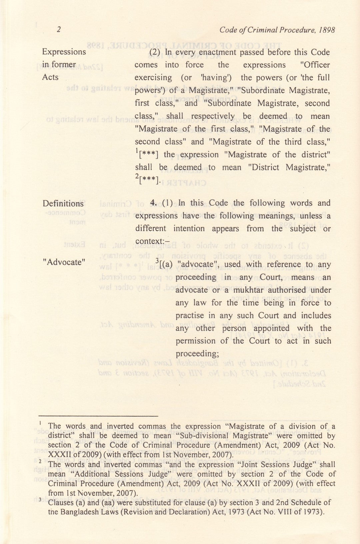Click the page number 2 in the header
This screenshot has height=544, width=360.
point(59,30)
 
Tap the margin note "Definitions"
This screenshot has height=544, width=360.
point(63,204)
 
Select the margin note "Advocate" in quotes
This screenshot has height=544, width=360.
point(64,262)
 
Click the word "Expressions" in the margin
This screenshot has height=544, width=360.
point(64,52)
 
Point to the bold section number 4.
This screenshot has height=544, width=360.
point(154,203)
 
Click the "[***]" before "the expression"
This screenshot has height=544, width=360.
point(148,155)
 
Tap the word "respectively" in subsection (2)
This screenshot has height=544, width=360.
point(213,116)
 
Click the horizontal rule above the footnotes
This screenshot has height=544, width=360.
point(98,416)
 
